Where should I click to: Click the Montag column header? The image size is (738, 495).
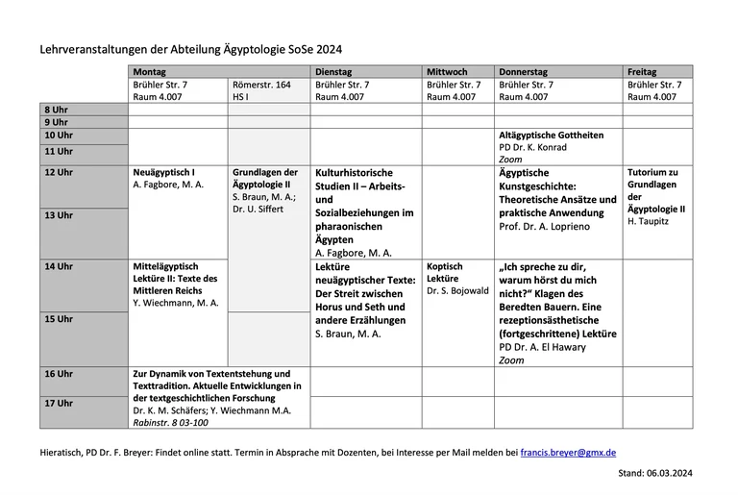coord(149,72)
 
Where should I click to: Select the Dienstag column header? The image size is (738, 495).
coord(333,72)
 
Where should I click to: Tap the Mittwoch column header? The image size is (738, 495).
coord(447,72)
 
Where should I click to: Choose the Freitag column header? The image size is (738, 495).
coord(642,72)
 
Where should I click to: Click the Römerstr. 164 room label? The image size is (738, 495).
coord(261,86)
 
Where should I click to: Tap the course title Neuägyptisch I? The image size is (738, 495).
coord(164,173)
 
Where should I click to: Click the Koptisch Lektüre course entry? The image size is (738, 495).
coord(444,273)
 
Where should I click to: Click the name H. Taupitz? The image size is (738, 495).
coord(648,221)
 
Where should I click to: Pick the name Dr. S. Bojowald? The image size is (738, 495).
coord(457,290)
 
